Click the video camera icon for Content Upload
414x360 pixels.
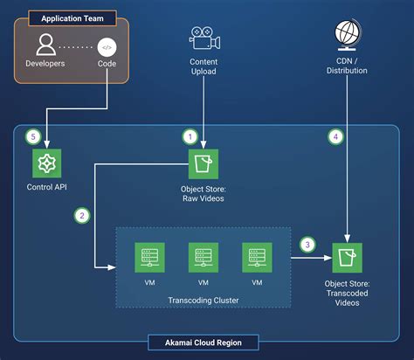click(203, 37)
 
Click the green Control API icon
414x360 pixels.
click(46, 163)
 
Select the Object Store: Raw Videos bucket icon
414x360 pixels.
click(203, 163)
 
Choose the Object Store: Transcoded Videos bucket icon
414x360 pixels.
click(348, 256)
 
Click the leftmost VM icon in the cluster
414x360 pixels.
click(149, 256)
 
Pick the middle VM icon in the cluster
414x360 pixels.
click(203, 256)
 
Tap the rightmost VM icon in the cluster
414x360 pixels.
click(256, 256)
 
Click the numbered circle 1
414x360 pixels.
click(190, 136)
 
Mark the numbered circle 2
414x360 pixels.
click(82, 214)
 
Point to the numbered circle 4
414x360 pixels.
click(335, 136)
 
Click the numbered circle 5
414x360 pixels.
click(33, 136)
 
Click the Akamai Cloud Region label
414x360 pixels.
click(207, 342)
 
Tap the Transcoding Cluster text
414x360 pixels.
click(203, 300)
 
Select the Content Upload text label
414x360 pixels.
click(203, 67)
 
